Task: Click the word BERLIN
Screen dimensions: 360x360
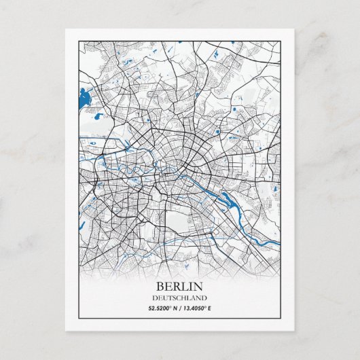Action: point(180,287)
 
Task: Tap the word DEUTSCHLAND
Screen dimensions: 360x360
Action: point(180,298)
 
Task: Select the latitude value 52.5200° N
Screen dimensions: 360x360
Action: point(162,308)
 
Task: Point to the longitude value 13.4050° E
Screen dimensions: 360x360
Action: point(198,308)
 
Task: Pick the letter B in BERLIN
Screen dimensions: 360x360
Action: point(160,287)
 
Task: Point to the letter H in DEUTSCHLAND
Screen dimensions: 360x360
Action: point(182,298)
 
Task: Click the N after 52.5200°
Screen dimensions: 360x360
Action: point(175,308)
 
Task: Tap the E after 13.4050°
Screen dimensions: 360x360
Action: point(211,308)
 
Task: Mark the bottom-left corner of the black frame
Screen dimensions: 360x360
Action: point(79,318)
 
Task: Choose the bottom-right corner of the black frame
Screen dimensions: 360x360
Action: point(281,318)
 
